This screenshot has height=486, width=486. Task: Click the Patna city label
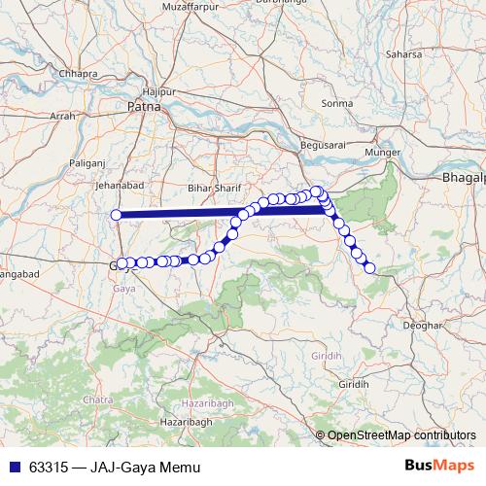click(142, 104)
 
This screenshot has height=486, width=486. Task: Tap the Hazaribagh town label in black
click(185, 421)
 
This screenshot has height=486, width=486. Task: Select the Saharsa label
click(404, 54)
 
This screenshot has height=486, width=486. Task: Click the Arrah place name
click(62, 116)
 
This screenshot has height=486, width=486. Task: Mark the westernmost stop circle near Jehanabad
click(117, 215)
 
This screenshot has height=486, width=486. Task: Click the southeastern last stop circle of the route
click(369, 267)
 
